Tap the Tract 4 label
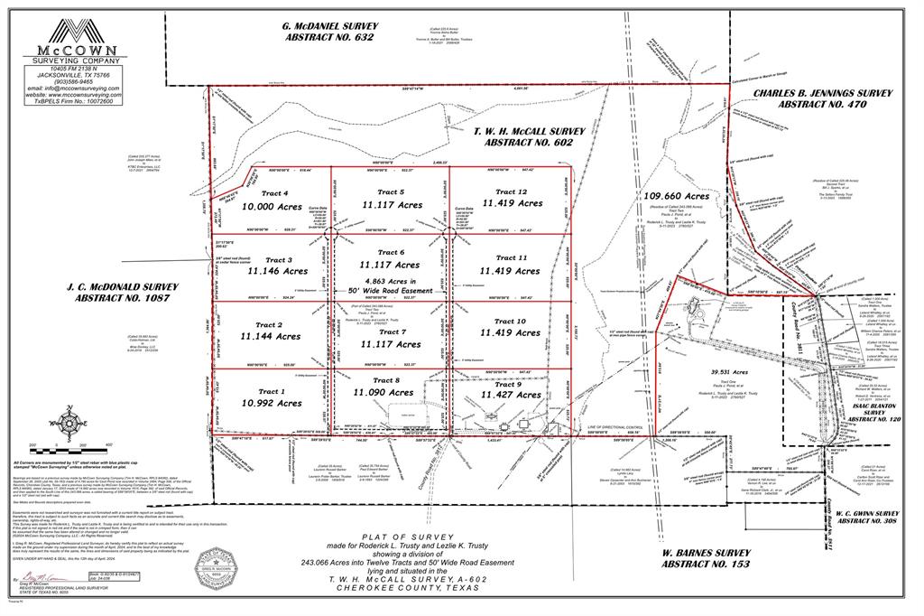coord(274,193)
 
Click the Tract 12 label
coord(510,191)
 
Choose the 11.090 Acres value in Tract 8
coord(384,393)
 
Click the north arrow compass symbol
coord(68,421)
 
